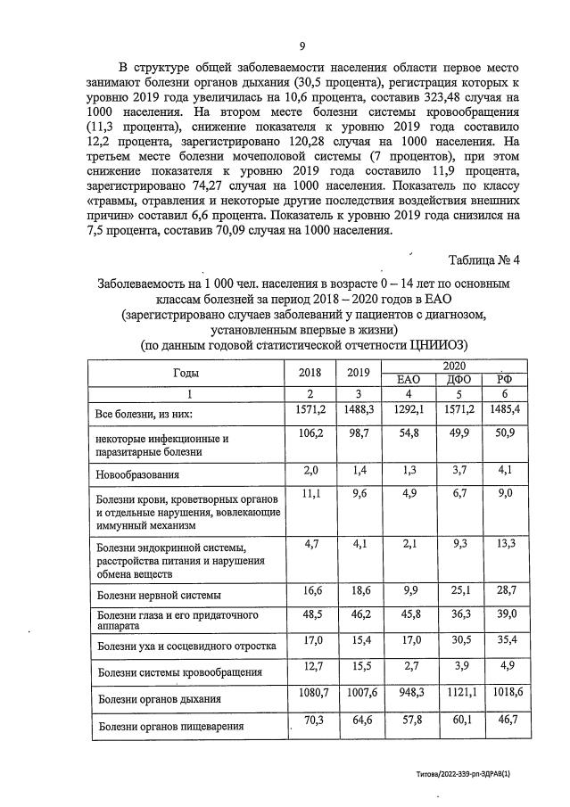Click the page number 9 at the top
click(x=302, y=46)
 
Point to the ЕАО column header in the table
click(x=407, y=380)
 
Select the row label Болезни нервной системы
click(x=159, y=594)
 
